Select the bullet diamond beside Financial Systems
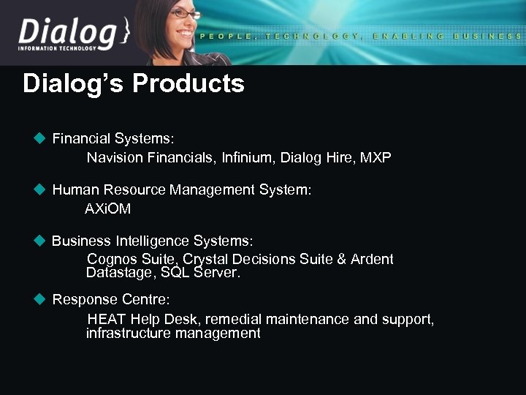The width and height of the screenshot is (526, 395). coord(40,138)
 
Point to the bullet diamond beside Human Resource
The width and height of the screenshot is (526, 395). coord(40,189)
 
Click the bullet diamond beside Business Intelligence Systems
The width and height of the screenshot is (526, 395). coord(40,241)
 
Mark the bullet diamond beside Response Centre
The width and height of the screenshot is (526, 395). coord(40,299)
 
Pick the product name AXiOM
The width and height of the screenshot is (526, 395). coord(108,209)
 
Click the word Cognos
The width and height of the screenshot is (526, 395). coord(110,260)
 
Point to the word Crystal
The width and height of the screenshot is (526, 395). coord(204,260)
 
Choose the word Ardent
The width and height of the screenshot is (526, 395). coord(372,260)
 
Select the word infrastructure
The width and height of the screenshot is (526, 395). coord(132,334)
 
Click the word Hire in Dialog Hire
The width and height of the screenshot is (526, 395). coord(334,157)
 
